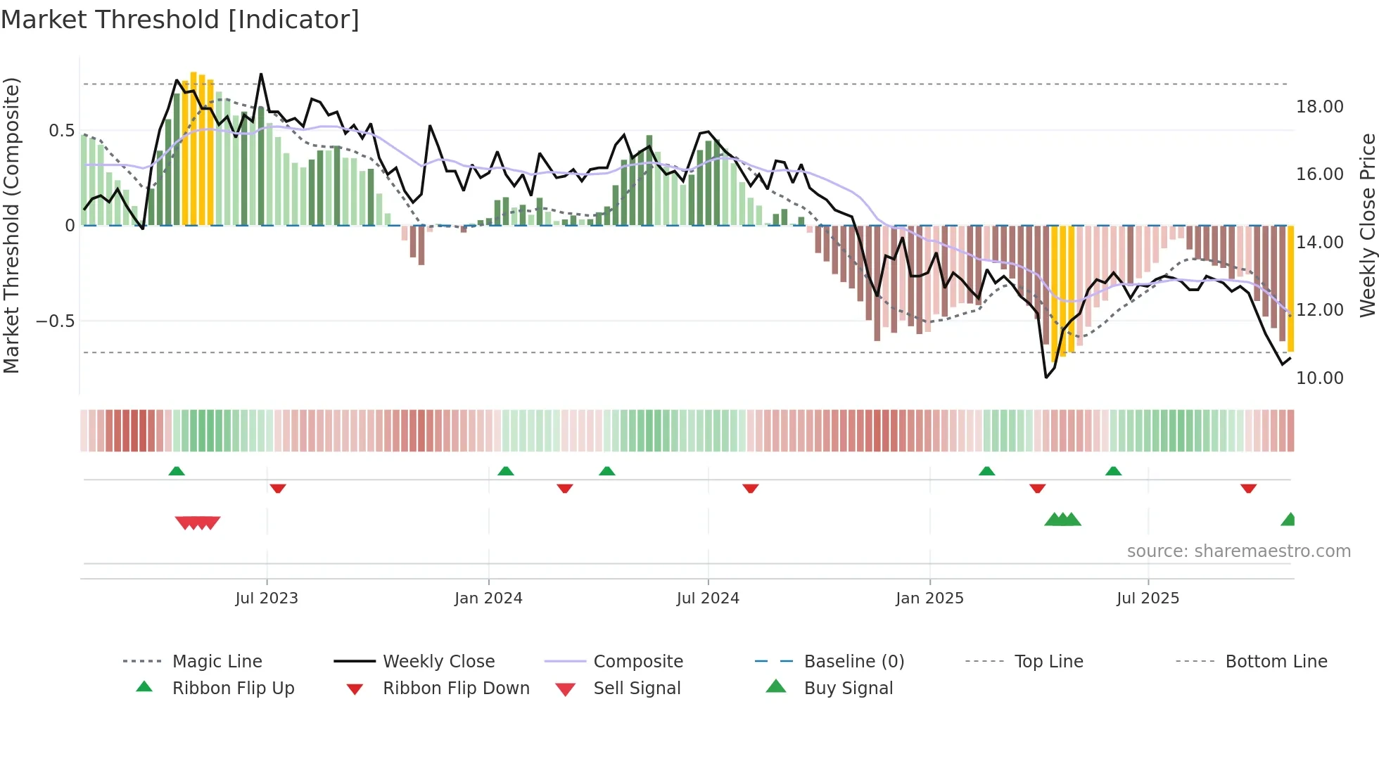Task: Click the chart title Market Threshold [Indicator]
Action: tap(180, 20)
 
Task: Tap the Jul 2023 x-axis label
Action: tap(267, 598)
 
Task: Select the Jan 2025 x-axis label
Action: tap(929, 598)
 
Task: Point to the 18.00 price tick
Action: tap(1319, 107)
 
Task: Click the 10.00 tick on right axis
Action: tap(1319, 378)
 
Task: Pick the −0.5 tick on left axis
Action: tap(55, 321)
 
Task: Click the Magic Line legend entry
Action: tap(217, 662)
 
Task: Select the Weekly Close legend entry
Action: tap(438, 662)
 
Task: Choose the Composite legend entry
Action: tap(638, 662)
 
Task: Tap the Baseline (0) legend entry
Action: tap(853, 662)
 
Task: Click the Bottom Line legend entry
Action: tap(1276, 662)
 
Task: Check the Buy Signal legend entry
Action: tap(848, 688)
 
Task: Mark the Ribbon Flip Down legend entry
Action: tap(456, 688)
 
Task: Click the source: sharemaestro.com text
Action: tap(1238, 551)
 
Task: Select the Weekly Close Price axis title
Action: tap(1367, 225)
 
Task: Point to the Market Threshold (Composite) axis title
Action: tap(11, 225)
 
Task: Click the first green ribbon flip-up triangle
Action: tap(177, 471)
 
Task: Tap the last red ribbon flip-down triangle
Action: tap(1248, 488)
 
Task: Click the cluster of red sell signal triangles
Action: tap(198, 523)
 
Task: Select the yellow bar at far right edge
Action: tap(1290, 288)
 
